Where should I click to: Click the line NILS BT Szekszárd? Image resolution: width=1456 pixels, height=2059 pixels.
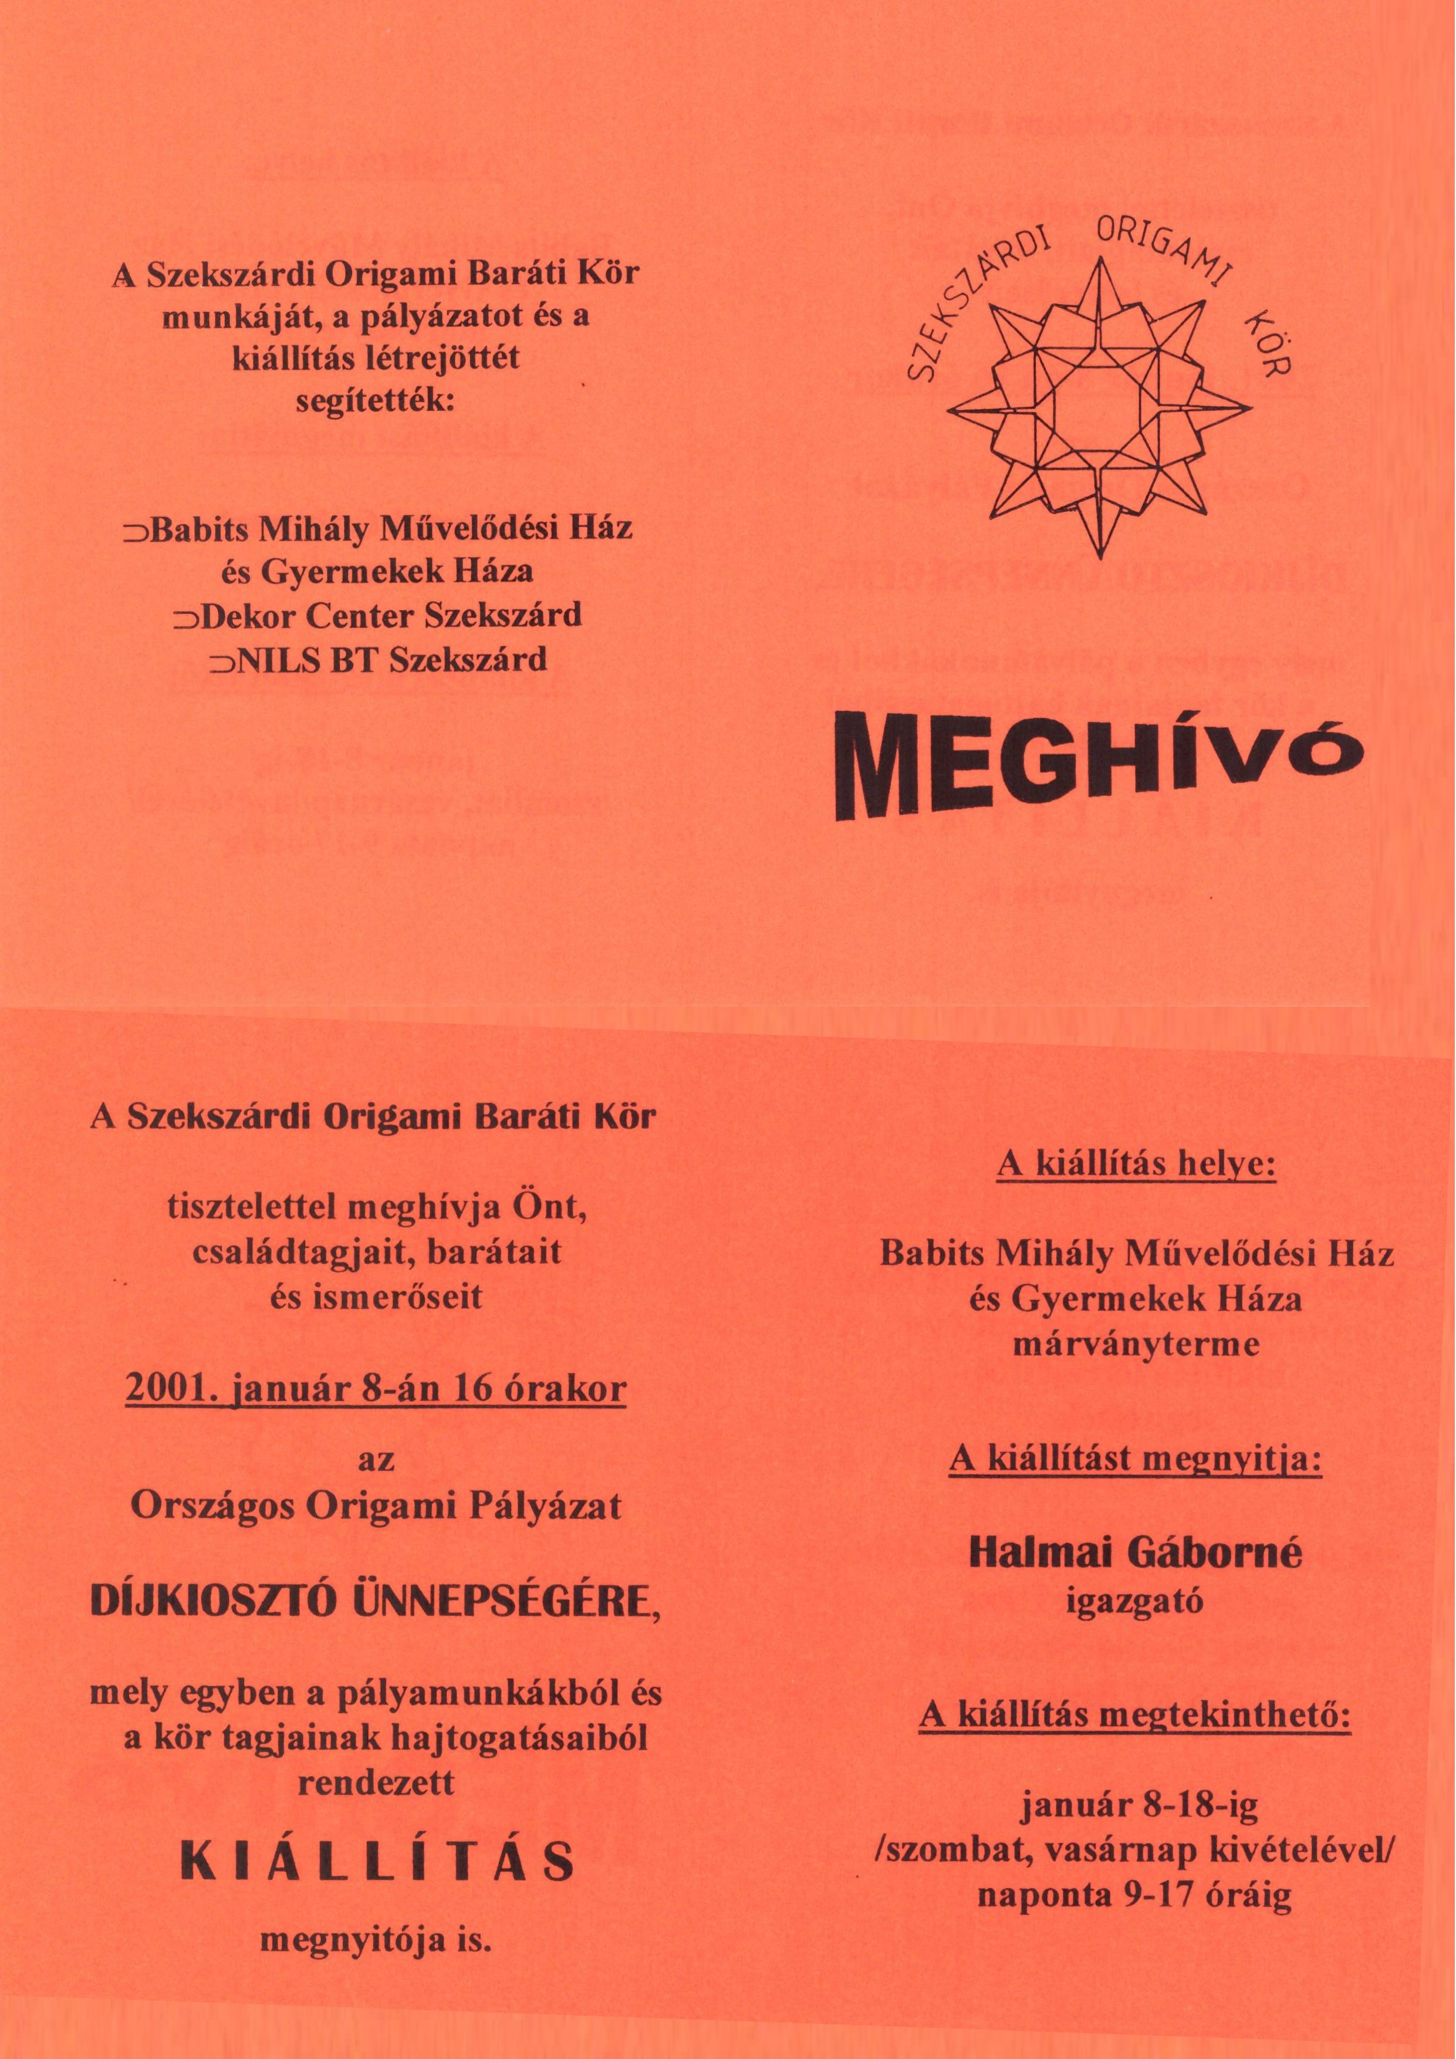pos(377,660)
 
